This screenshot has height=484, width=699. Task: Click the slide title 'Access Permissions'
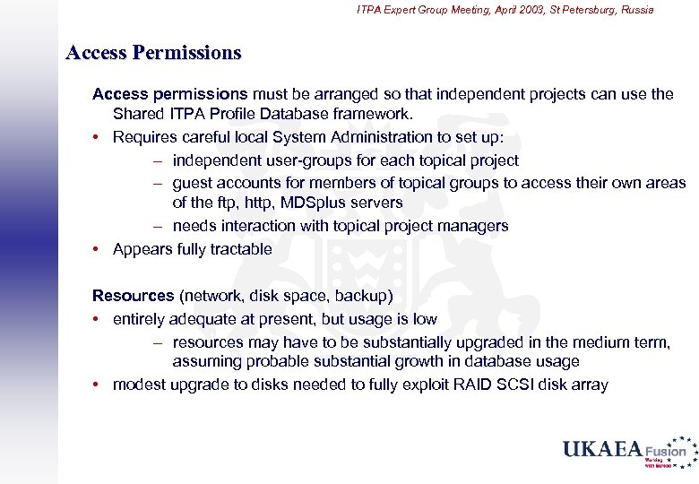click(x=154, y=53)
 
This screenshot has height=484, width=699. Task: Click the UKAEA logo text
click(x=602, y=449)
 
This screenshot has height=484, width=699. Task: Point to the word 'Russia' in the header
click(x=634, y=10)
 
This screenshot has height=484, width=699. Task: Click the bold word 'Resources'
click(x=134, y=295)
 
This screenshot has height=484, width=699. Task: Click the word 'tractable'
click(x=238, y=249)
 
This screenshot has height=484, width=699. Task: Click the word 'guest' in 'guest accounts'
click(x=193, y=183)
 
